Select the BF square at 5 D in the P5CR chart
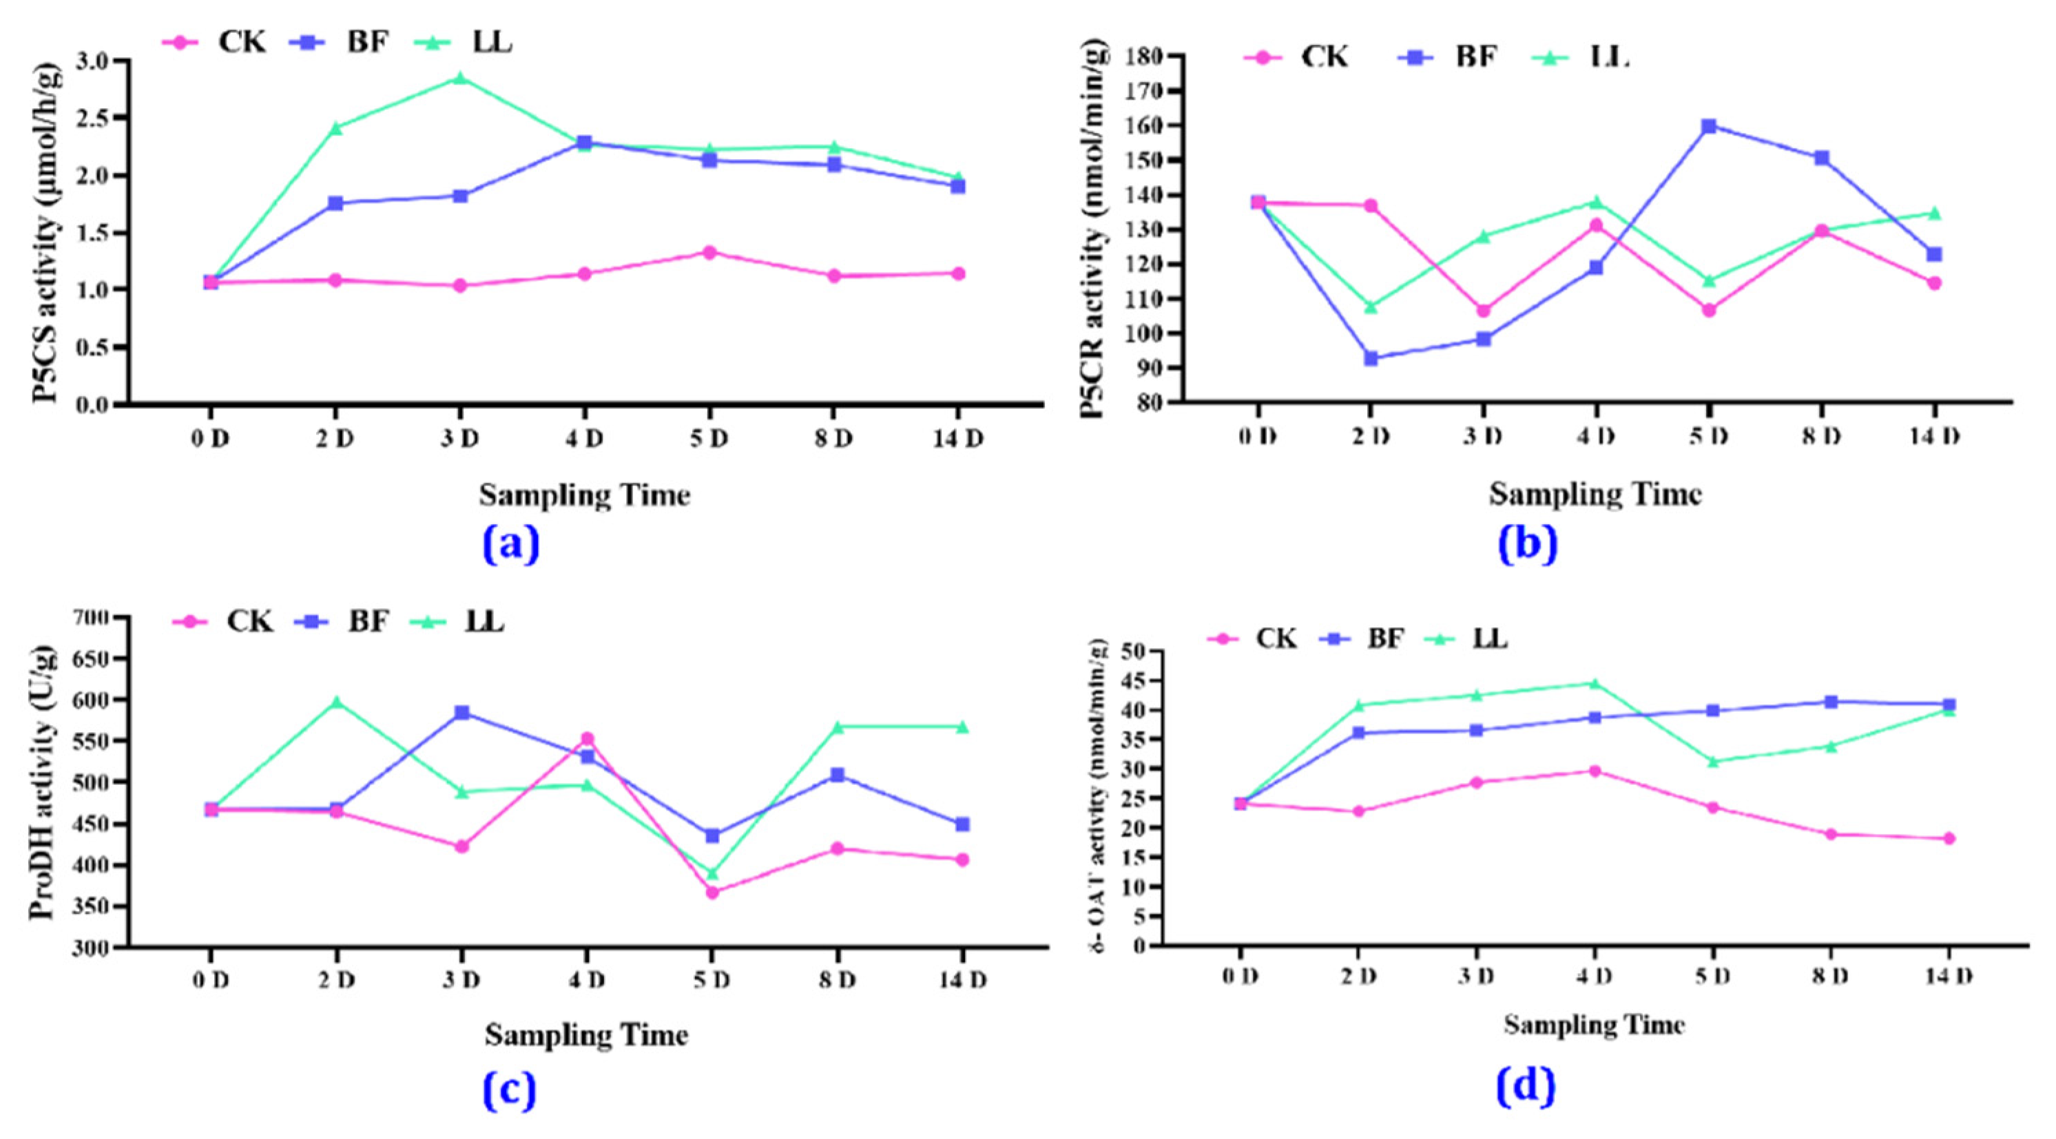pos(1709,126)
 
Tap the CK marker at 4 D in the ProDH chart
pos(587,739)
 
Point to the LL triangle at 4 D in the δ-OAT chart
pos(1595,684)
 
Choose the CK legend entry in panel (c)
pos(223,621)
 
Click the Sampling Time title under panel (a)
pos(584,496)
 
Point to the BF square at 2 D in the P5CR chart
pos(1371,358)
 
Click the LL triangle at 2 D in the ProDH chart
pos(336,702)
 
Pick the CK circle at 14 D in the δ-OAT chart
pos(1949,838)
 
